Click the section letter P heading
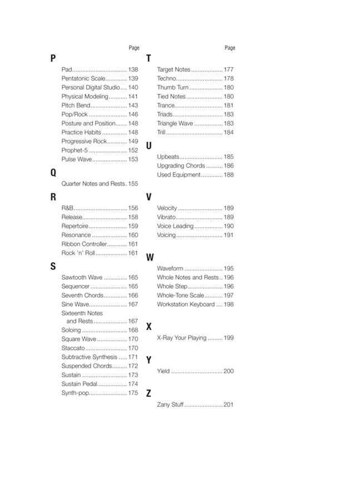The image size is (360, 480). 53,58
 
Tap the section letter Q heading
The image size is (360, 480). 53,172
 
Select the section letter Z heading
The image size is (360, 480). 148,393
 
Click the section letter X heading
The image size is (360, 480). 148,327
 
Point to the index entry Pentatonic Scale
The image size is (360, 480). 83,78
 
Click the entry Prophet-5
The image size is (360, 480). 74,150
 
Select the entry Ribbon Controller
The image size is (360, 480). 84,244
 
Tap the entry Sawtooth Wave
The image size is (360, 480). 82,277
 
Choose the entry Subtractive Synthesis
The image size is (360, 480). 89,357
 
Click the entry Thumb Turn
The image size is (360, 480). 173,87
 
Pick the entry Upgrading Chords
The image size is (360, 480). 181,166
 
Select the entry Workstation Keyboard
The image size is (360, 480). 186,304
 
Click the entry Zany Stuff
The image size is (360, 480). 170,404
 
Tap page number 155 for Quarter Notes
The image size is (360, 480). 133,183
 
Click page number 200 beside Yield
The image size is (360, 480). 228,371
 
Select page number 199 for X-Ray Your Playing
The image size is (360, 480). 228,338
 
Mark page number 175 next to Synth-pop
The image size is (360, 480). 133,393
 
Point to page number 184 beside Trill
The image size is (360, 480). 228,132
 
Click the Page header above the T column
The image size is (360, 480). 230,48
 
